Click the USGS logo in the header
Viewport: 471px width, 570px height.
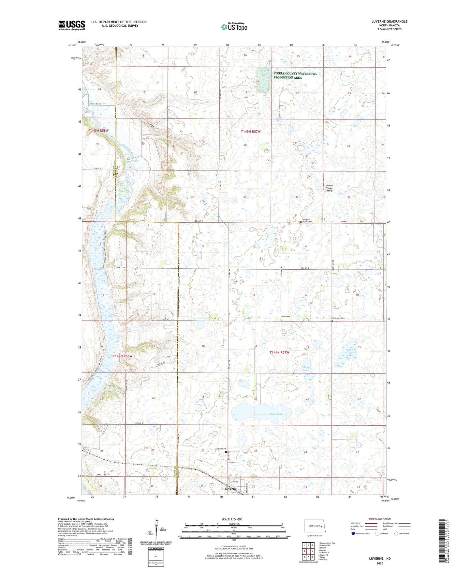71,25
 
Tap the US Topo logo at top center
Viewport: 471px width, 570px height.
234,26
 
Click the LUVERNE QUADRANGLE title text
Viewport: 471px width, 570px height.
389,22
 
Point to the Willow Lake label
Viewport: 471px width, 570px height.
275,414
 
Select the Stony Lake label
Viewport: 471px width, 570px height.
306,369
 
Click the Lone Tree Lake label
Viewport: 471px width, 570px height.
349,353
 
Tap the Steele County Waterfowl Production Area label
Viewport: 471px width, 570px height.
295,75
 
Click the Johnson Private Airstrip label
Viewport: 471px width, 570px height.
329,188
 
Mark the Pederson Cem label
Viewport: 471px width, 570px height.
338,318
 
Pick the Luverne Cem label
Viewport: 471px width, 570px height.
220,449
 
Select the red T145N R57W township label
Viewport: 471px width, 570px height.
251,132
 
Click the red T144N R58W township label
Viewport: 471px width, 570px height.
123,356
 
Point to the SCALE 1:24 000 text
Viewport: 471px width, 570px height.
232,519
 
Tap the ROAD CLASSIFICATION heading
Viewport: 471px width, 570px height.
380,519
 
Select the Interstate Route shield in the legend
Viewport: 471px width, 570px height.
353,533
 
